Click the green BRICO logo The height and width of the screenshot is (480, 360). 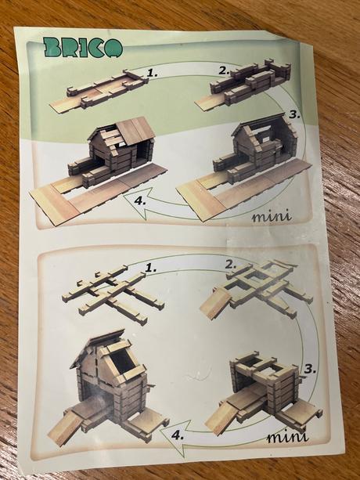click(x=83, y=48)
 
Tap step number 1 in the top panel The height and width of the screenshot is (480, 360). click(x=153, y=73)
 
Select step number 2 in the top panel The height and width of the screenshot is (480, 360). click(x=224, y=70)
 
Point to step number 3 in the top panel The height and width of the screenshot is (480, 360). click(x=294, y=115)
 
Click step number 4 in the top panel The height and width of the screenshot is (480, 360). click(x=140, y=201)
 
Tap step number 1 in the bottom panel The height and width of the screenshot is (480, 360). click(x=150, y=268)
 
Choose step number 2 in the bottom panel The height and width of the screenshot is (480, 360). click(x=231, y=265)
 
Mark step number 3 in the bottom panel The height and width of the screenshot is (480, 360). click(x=310, y=369)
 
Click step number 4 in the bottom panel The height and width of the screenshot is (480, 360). click(x=178, y=435)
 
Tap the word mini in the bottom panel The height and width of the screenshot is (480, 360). click(x=287, y=437)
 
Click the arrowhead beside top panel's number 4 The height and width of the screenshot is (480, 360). click(x=138, y=202)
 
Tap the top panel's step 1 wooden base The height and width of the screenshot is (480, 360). click(x=99, y=90)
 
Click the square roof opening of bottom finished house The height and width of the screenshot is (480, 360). click(x=124, y=362)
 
